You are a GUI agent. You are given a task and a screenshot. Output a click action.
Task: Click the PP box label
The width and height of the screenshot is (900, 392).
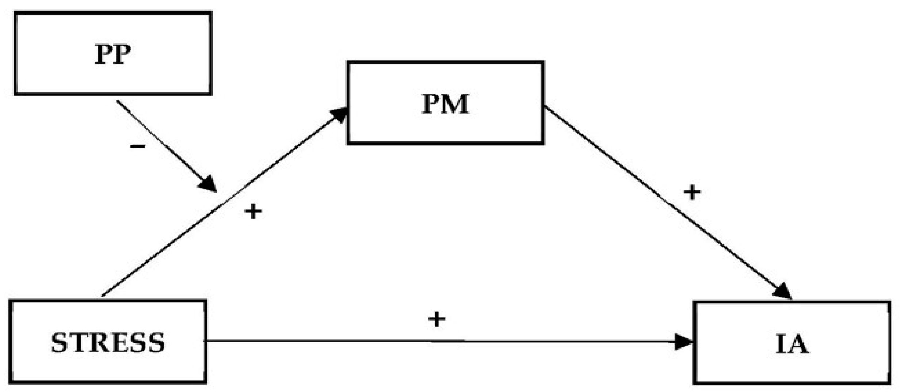click(113, 54)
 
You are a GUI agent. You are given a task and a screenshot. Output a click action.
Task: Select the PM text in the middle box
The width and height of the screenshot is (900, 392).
click(445, 104)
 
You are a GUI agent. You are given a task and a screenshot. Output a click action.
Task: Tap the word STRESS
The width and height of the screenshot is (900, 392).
click(108, 343)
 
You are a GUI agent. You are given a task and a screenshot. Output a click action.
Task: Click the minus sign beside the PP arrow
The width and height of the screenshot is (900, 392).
click(138, 147)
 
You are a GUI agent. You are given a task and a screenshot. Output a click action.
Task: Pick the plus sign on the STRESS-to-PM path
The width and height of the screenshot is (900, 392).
click(253, 212)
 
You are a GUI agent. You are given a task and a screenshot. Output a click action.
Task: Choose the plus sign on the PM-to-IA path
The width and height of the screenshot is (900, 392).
click(692, 193)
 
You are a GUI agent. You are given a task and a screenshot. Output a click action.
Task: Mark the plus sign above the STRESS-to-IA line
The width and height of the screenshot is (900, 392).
click(437, 319)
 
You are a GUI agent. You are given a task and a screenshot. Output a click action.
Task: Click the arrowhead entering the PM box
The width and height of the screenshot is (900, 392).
click(339, 115)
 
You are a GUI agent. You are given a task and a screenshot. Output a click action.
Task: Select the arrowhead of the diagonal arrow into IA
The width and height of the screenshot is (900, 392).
click(782, 292)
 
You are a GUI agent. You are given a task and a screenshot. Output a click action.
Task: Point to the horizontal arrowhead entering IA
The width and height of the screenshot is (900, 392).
click(683, 342)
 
